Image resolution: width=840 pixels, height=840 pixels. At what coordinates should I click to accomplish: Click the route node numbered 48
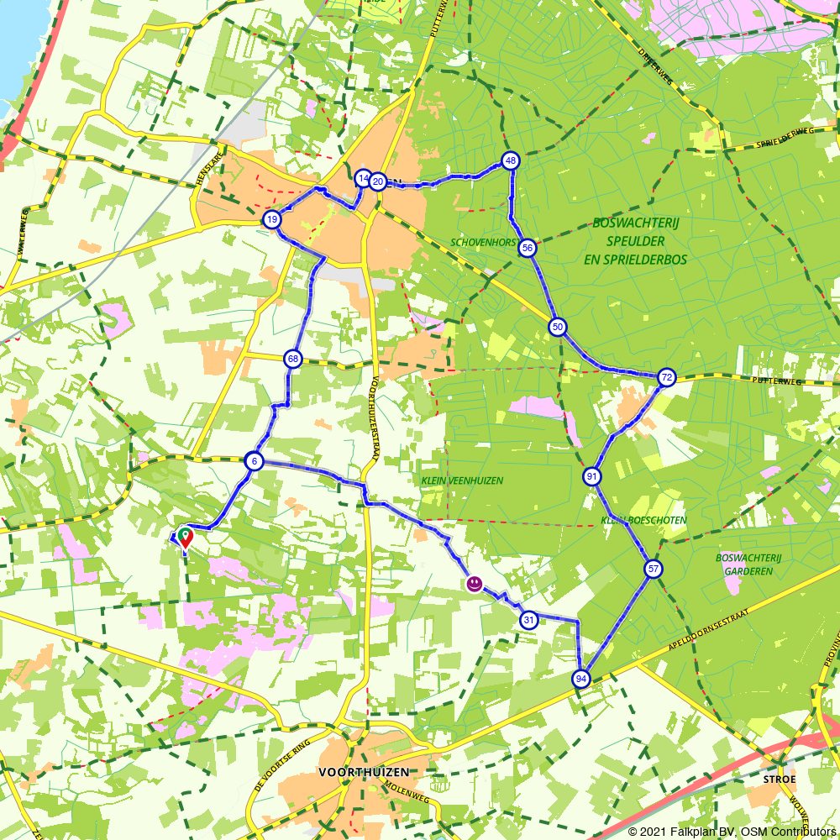click(x=510, y=160)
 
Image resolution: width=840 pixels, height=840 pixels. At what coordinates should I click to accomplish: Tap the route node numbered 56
click(x=527, y=248)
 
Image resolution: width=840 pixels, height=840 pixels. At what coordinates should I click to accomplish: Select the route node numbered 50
click(x=557, y=327)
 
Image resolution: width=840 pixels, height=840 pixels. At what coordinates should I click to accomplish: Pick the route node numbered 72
click(x=666, y=377)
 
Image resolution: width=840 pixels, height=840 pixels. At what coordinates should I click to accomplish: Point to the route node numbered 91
click(x=592, y=477)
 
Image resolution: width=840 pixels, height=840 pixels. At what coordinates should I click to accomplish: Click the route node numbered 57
click(x=654, y=570)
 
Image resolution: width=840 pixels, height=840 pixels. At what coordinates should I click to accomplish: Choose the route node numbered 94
click(x=580, y=679)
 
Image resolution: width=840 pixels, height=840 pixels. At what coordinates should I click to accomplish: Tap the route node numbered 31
click(x=528, y=621)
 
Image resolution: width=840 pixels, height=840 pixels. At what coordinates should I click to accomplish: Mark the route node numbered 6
click(x=254, y=461)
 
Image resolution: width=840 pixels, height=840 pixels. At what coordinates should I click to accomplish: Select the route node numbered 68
click(x=292, y=360)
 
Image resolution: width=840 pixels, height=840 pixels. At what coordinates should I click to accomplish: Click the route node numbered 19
click(x=271, y=220)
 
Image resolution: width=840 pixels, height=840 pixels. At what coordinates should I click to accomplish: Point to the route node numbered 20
click(x=378, y=181)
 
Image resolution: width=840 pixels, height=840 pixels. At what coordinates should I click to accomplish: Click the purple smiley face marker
click(x=475, y=583)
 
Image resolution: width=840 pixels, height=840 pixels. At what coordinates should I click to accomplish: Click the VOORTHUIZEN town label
click(x=364, y=771)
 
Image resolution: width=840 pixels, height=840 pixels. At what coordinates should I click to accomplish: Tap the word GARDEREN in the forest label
click(x=749, y=571)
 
